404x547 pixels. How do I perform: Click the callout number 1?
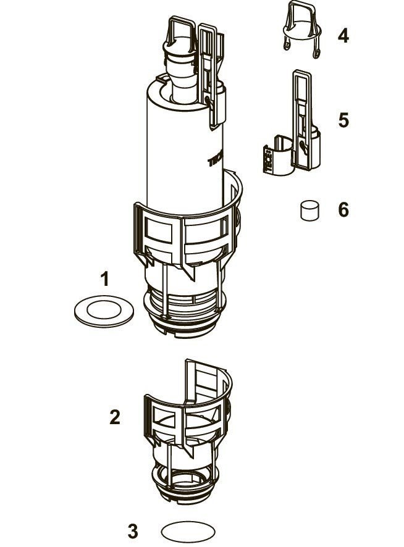pyautogui.click(x=105, y=279)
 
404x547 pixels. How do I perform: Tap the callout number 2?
pyautogui.click(x=114, y=417)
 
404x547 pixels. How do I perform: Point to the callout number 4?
pyautogui.click(x=343, y=36)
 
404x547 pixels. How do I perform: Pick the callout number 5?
pyautogui.click(x=343, y=120)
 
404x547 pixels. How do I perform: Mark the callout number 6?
pyautogui.click(x=343, y=210)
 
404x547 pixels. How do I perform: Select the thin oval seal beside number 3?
pyautogui.click(x=189, y=531)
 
